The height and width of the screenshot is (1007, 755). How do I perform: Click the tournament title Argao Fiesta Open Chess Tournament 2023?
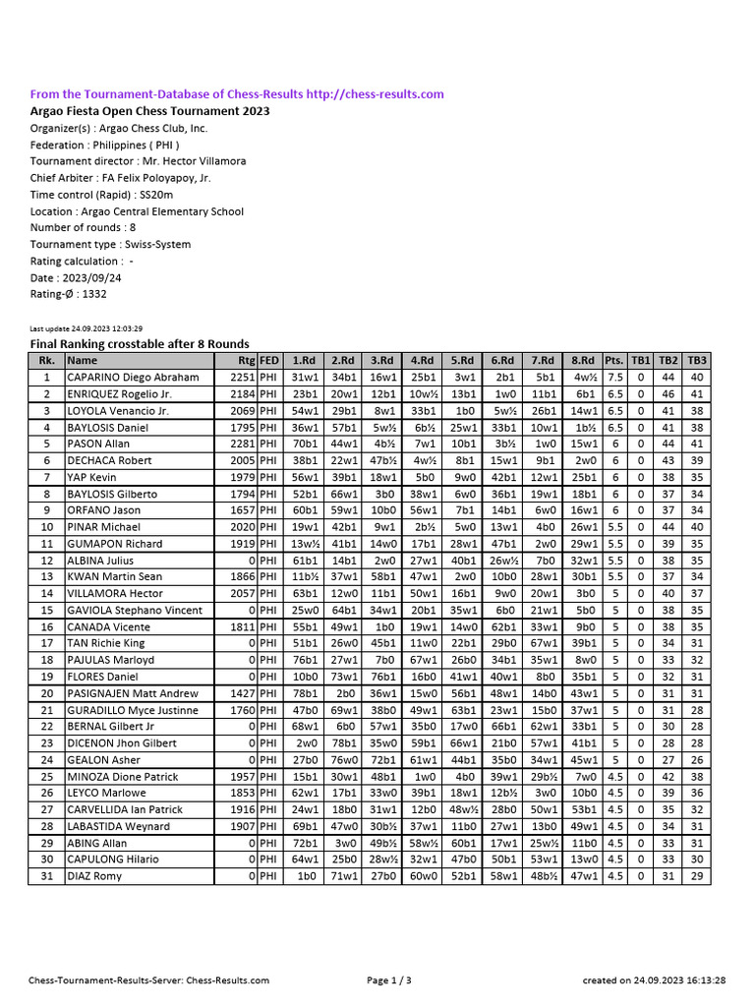149,111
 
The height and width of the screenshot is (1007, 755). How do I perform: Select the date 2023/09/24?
89,278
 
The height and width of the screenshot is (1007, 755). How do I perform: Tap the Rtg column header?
246,360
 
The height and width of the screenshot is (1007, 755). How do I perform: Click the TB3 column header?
697,360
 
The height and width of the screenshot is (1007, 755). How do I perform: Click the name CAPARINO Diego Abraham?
133,377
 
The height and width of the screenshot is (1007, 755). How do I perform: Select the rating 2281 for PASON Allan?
242,444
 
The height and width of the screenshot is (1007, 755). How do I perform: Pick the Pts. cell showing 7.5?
614,377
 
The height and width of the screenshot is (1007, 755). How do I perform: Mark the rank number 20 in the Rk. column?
45,693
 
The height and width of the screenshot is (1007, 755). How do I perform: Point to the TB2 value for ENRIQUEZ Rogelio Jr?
668,393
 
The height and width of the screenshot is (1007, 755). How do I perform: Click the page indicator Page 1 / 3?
388,980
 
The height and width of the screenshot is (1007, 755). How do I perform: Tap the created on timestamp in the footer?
654,980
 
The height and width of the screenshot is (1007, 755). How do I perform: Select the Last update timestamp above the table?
87,328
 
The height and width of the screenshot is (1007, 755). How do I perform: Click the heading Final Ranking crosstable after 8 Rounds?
140,344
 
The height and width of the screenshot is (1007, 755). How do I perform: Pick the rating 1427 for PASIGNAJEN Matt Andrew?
242,693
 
